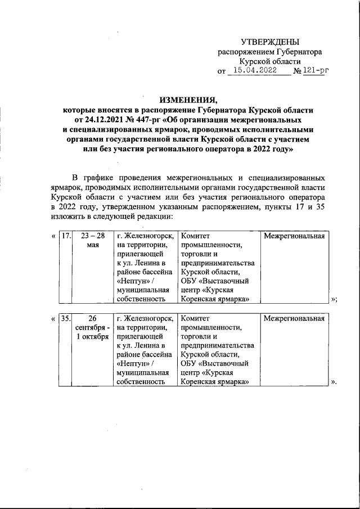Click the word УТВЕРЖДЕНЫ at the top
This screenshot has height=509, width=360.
click(270, 42)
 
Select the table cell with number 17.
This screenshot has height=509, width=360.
click(66, 236)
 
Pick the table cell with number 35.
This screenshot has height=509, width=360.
click(66, 319)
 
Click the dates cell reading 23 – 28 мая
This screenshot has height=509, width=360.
click(93, 241)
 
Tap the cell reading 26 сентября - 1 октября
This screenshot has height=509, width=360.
click(92, 328)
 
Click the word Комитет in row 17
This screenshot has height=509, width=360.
click(195, 236)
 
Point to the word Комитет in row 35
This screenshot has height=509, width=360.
click(195, 319)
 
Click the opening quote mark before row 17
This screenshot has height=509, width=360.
click(53, 236)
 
